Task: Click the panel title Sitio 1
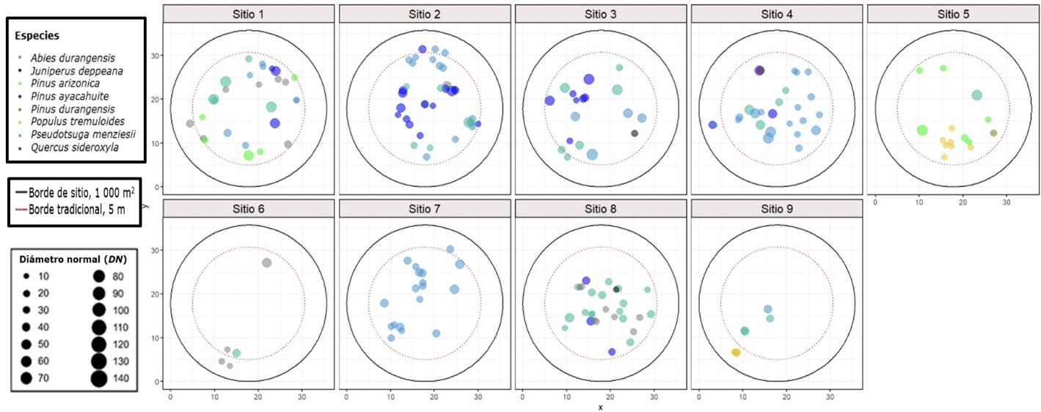(249, 15)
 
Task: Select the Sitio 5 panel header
(953, 15)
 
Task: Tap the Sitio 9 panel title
(777, 208)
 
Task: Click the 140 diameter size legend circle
(98, 378)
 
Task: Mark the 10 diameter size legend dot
(26, 276)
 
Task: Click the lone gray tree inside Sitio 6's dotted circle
(266, 262)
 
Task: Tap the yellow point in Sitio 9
(736, 353)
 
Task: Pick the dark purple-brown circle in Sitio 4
(759, 70)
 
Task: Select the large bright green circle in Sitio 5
(922, 130)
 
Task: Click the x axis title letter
(599, 407)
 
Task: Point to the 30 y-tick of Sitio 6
(156, 250)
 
